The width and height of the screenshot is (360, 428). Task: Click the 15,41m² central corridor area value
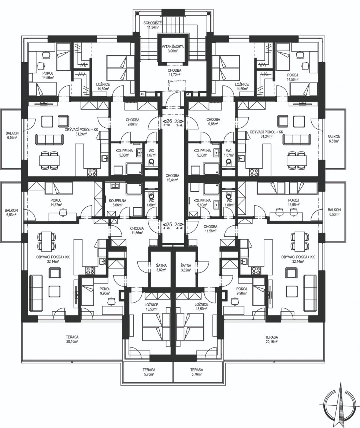[172, 180]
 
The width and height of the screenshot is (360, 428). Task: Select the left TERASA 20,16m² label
[72, 339]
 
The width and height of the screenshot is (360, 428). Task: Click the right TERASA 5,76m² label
[197, 372]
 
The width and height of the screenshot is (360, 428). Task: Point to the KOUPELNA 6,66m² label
[117, 203]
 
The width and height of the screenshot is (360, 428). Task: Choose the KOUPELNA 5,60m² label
[202, 203]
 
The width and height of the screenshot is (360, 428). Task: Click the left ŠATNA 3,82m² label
[161, 267]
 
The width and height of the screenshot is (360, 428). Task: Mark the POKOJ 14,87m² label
[56, 202]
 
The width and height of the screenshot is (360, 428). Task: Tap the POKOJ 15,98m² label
[293, 202]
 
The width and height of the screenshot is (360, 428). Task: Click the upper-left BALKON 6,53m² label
[12, 135]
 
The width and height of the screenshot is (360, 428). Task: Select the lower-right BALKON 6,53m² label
[334, 212]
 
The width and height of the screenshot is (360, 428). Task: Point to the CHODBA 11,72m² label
[174, 72]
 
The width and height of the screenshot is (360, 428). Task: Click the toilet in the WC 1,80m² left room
[151, 195]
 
